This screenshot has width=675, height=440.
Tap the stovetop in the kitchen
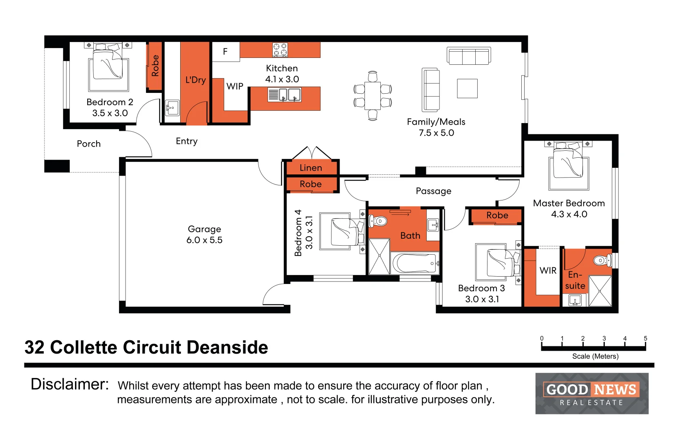point(280,50)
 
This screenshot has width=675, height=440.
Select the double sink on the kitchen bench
point(285,95)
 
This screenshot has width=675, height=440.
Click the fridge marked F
point(226,52)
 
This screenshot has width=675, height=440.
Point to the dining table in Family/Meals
point(373,96)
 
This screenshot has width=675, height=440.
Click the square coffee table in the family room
point(468,88)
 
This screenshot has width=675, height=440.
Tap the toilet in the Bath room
point(378,221)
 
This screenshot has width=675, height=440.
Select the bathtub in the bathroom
point(415,263)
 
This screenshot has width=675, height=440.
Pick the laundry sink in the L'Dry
point(172,108)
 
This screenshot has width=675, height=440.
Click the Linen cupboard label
point(311,168)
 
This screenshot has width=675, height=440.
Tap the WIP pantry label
point(235,86)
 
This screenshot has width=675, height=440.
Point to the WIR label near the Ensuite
point(548,271)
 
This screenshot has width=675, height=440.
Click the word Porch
point(88,144)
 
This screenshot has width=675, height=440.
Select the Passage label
point(433,191)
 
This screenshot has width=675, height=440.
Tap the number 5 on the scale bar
point(646,338)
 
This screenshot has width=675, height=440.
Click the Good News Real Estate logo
point(592,393)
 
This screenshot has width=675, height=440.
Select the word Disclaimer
point(70,384)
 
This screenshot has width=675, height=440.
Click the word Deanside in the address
point(227,347)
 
